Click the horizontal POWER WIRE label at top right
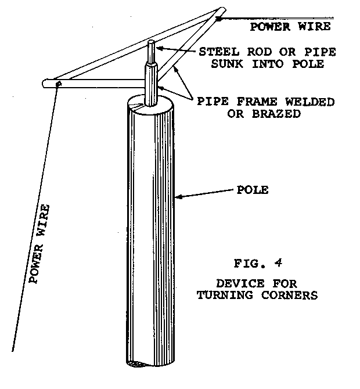tap(290, 26)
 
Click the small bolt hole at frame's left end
tap(58, 85)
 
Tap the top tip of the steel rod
tap(152, 42)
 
